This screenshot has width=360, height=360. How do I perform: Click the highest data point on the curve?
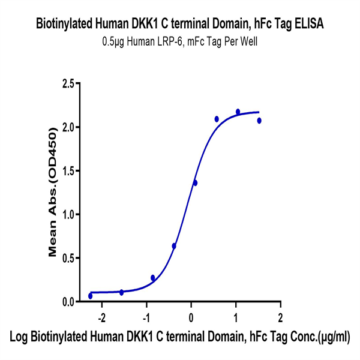click(238, 112)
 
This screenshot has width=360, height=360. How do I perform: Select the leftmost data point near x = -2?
click(91, 296)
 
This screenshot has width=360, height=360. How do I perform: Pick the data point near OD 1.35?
click(195, 183)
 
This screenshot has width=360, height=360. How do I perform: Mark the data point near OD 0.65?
click(174, 246)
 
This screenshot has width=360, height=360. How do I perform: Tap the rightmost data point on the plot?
click(259, 121)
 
